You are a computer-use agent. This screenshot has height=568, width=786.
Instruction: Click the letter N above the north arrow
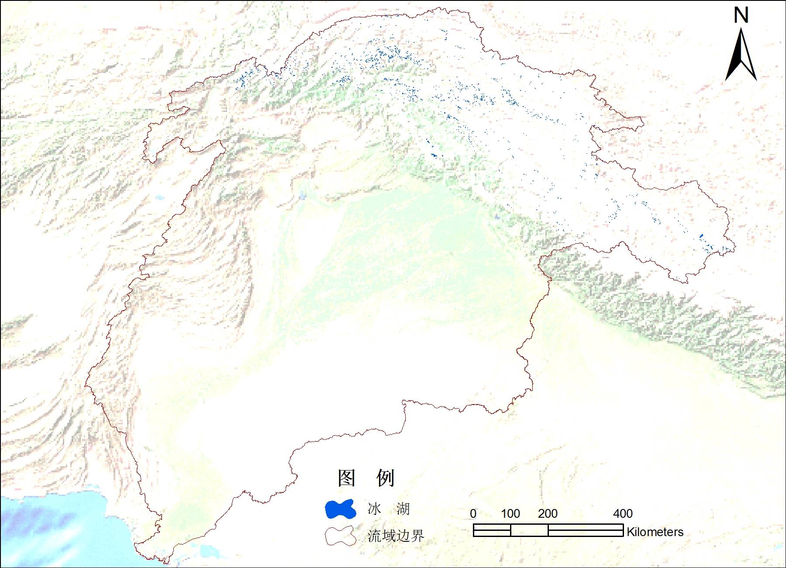[741, 15]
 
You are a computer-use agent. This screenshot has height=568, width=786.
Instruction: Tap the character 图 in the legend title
[347, 478]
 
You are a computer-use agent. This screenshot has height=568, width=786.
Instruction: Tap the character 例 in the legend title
[386, 478]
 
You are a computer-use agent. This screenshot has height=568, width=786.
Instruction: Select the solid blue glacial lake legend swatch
[340, 509]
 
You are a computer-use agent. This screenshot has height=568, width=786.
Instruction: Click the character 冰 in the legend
[374, 509]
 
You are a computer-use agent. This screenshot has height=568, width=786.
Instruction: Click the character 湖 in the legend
[403, 509]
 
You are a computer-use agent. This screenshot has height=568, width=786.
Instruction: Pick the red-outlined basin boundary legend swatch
[340, 536]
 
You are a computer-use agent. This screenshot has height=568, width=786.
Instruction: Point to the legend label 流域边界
[396, 536]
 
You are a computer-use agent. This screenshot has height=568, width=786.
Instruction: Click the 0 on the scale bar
[473, 514]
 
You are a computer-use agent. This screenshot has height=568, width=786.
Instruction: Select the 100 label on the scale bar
[510, 514]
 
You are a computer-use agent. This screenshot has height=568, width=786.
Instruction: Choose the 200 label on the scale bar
[548, 514]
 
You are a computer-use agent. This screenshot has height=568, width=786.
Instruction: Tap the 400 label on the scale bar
[623, 514]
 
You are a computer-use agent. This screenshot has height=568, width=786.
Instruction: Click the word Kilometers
[655, 532]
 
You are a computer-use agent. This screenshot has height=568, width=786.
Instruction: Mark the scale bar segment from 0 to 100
[492, 530]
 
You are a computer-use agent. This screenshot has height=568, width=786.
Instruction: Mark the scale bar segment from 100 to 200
[529, 530]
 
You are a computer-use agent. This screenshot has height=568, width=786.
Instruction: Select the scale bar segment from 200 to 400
[585, 530]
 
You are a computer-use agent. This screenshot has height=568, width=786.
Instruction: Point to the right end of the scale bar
[623, 530]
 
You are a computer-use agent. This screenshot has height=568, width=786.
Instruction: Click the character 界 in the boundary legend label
[417, 536]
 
